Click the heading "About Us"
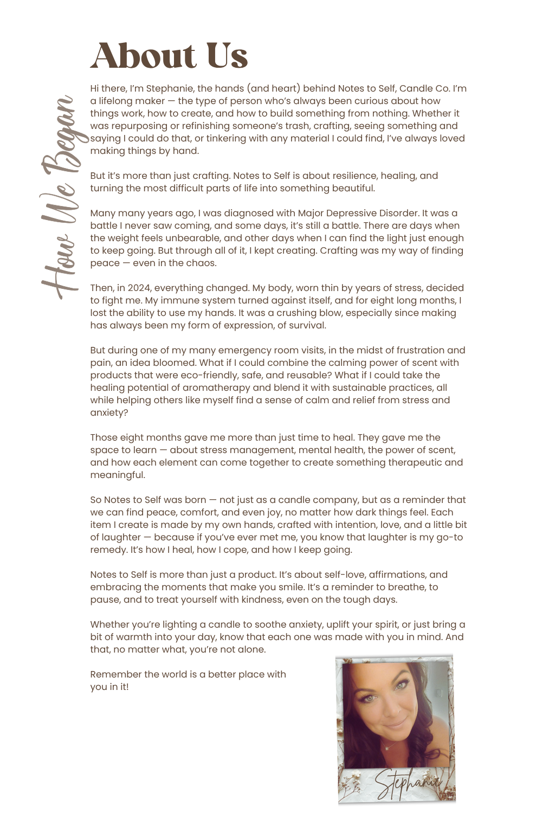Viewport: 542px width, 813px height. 169,56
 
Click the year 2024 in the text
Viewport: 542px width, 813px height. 139,288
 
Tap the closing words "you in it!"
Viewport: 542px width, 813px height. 109,687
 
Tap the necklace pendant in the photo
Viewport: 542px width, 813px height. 387,749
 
